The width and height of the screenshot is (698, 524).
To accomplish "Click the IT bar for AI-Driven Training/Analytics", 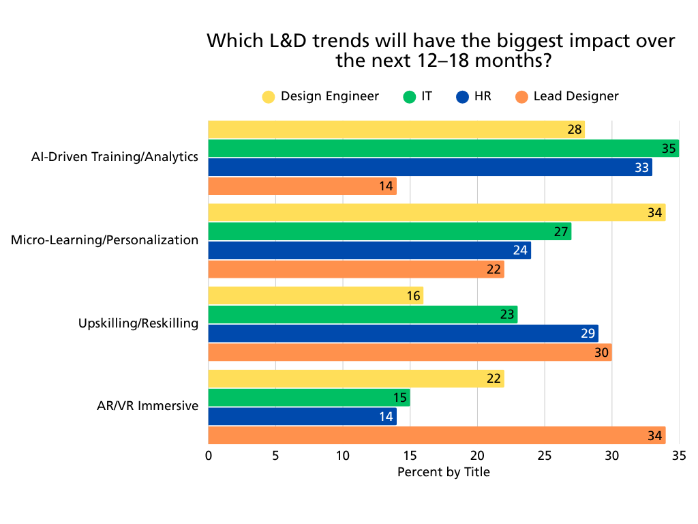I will pos(443,148).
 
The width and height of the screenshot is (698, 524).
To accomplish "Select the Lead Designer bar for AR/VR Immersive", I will pos(436,435).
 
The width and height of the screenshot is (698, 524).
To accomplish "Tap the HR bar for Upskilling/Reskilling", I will pos(403,334).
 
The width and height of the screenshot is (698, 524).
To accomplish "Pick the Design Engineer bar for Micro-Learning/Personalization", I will pos(436,213).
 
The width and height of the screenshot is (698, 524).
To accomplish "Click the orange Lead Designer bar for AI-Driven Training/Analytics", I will pos(302,186).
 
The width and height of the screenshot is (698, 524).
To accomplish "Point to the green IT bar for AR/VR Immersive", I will pos(309,397).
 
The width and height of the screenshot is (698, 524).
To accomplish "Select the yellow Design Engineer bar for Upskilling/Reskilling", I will pos(315,295).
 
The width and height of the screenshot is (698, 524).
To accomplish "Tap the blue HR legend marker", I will pos(462,97).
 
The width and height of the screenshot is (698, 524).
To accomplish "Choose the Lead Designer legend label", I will pos(576,96).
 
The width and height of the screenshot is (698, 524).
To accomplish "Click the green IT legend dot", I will pos(409,97).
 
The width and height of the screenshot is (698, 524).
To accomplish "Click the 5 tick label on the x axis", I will pos(275,455).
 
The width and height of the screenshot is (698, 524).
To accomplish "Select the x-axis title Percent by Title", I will pos(443,471).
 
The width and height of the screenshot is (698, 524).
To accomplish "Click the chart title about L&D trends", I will pos(441,50).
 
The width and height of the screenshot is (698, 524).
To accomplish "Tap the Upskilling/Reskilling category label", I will pos(138,323).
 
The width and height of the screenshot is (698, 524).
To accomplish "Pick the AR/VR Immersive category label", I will pos(148,406).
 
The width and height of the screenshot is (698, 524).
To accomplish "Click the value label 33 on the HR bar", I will pos(641,167).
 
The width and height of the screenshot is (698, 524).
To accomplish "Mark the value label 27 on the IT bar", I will pos(561,232).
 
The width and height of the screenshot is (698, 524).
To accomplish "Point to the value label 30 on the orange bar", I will pos(601,353).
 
